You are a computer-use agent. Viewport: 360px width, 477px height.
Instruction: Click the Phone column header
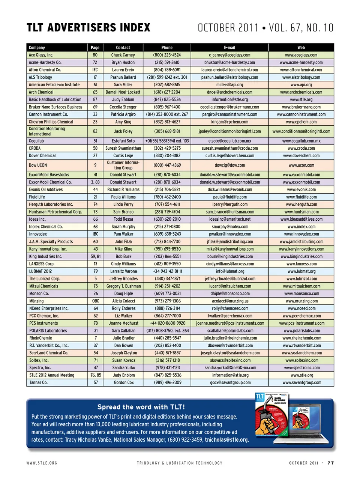(167, 48)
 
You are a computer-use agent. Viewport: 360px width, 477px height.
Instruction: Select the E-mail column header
(229, 48)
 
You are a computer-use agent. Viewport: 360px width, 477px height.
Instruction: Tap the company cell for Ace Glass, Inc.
(41, 55)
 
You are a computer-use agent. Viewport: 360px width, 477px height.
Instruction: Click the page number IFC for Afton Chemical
(95, 70)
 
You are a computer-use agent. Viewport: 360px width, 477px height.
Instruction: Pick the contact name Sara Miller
(123, 85)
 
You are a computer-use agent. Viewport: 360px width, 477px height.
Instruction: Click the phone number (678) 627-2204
(167, 92)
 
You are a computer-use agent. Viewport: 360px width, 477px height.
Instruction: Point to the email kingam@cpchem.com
(229, 122)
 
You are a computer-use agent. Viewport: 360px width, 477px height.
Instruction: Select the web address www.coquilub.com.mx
(301, 141)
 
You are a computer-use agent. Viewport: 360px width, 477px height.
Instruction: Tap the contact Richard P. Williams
(123, 190)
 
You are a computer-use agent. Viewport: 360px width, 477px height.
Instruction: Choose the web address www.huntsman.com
(301, 212)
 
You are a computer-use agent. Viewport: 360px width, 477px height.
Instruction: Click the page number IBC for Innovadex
(95, 234)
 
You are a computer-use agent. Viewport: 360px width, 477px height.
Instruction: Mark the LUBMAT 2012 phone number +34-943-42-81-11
(167, 271)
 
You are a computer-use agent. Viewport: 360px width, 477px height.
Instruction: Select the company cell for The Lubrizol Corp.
(45, 279)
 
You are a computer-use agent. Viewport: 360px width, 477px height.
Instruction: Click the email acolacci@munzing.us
(229, 301)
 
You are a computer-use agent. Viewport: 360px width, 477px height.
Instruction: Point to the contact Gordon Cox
(123, 383)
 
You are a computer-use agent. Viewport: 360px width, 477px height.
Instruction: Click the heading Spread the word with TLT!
(141, 407)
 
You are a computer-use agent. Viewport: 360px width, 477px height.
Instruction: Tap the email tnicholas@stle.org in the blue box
(226, 440)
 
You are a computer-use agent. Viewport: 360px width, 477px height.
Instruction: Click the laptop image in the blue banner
(307, 422)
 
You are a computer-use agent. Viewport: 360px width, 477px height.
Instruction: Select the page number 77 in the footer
(330, 463)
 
